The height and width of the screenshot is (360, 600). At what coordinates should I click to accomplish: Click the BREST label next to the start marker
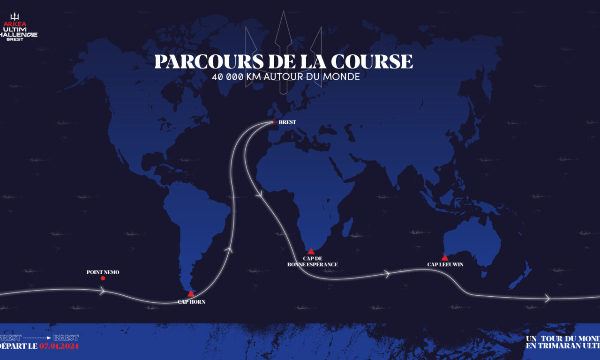(x=287, y=122)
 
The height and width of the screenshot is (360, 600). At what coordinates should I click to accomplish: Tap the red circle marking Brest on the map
(x=275, y=122)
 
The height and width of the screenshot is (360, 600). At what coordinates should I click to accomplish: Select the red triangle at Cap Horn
(x=191, y=294)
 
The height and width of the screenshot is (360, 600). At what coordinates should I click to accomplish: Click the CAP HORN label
(x=191, y=302)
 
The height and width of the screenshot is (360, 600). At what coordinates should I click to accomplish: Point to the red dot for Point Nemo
(x=103, y=278)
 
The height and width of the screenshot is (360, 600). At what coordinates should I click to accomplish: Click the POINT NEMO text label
(x=103, y=272)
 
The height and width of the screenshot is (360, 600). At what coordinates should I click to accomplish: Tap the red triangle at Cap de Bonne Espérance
(x=311, y=251)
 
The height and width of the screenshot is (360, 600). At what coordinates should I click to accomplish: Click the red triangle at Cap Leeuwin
(x=444, y=257)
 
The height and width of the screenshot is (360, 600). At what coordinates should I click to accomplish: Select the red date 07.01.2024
(x=59, y=346)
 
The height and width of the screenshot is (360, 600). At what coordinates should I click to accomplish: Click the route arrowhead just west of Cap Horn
(x=103, y=291)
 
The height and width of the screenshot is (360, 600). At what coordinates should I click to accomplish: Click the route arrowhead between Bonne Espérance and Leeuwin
(x=387, y=273)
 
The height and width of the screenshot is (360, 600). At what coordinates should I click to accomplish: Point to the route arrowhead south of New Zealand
(x=547, y=298)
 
